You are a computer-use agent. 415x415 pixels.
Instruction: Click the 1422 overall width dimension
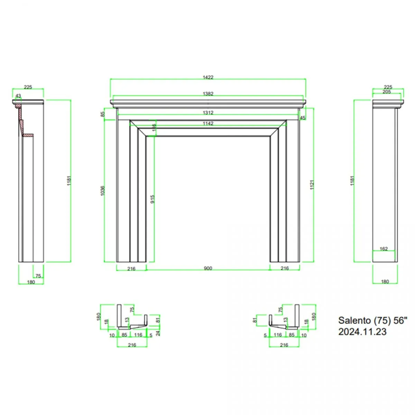(x=208, y=77)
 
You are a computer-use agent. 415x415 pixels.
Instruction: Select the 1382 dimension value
(x=208, y=94)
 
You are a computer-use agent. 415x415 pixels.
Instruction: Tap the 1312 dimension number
(x=208, y=113)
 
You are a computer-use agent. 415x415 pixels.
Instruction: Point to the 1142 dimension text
(x=208, y=123)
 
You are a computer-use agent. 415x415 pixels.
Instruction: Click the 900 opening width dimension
(x=208, y=268)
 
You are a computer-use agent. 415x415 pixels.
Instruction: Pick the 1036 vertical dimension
(x=102, y=191)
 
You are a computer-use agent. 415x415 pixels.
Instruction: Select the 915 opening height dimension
(x=153, y=199)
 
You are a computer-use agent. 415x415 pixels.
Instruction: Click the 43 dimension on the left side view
(x=18, y=96)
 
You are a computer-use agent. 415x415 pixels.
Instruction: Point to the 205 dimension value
(x=387, y=92)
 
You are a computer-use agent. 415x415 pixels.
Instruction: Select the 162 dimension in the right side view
(x=384, y=249)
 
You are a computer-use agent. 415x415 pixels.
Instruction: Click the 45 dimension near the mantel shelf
(x=303, y=118)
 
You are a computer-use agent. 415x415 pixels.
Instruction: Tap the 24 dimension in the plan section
(x=158, y=333)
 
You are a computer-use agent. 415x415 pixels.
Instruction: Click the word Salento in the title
(x=354, y=321)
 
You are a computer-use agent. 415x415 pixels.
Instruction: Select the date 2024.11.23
(x=362, y=332)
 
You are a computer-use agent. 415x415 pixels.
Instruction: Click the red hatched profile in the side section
(x=21, y=118)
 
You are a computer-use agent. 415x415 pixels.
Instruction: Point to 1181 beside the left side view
(x=69, y=181)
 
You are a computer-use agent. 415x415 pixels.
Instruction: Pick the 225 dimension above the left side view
(x=28, y=87)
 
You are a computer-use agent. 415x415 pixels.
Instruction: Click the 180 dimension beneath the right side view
(x=385, y=282)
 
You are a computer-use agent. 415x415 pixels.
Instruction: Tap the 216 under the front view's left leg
(x=131, y=269)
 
